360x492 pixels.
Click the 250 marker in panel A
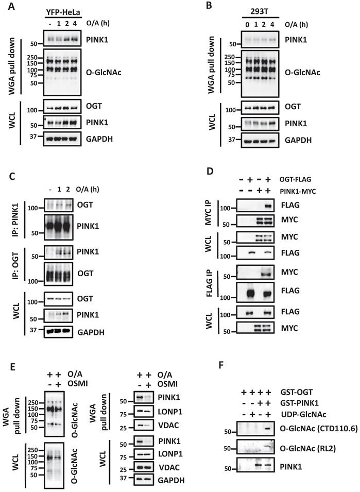pyautogui.click(x=33, y=57)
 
